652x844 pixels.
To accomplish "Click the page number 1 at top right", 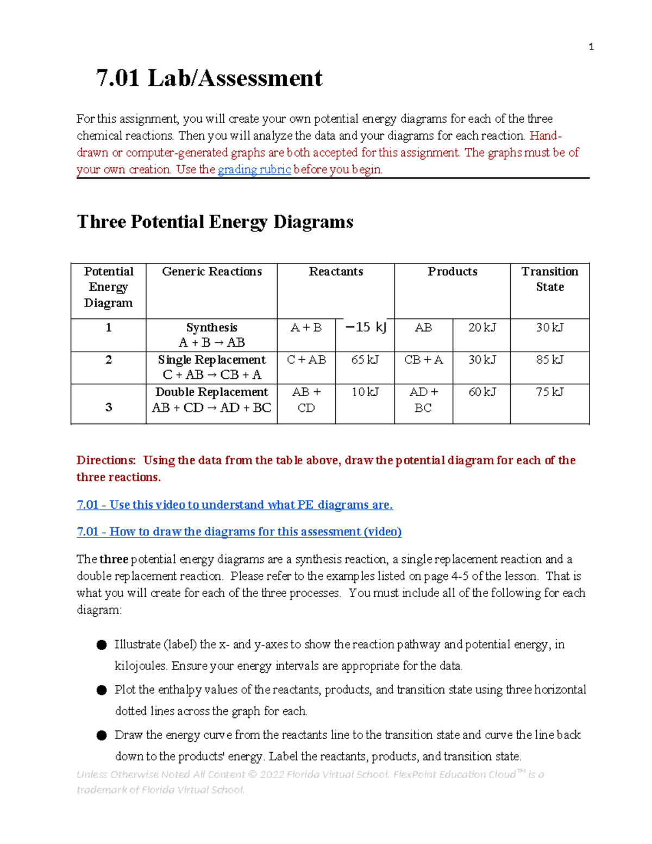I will [591, 47].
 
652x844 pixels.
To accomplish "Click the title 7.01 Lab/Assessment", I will [209, 78].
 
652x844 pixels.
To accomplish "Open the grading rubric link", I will [254, 170].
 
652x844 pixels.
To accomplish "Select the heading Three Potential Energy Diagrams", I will [215, 222].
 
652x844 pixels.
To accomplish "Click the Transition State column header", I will [549, 279].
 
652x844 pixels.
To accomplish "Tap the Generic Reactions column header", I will [212, 272].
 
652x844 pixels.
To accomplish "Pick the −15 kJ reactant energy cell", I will [365, 327].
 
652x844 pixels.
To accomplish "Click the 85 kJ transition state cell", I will [549, 360].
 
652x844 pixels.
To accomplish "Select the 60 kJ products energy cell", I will [482, 392].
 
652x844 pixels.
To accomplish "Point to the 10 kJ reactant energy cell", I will [365, 392].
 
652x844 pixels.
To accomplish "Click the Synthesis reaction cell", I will [212, 335].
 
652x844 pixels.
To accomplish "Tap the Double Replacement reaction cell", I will [212, 399].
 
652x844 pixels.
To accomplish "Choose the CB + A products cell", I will [423, 360].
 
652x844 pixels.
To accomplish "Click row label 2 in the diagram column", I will [109, 360].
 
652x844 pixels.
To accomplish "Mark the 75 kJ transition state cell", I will [549, 392].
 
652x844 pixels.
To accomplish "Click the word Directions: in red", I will [106, 460].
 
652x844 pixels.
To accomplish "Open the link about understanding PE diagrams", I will [235, 505].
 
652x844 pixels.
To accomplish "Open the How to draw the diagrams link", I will [239, 532].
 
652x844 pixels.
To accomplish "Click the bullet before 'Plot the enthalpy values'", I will [102, 690].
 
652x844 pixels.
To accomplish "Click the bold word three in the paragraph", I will [114, 559].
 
